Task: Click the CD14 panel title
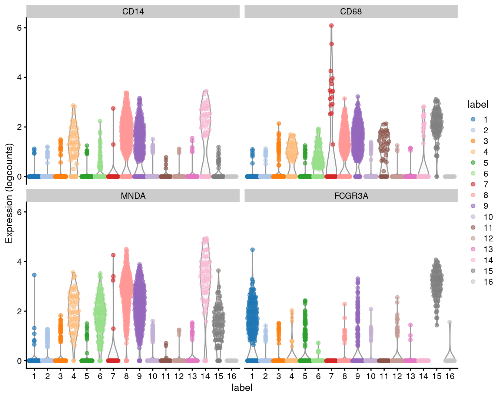pyautogui.click(x=133, y=12)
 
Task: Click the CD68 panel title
pyautogui.click(x=351, y=12)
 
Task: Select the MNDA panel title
pyautogui.click(x=133, y=196)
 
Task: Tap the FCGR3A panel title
pyautogui.click(x=351, y=196)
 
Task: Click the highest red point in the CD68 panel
pyautogui.click(x=331, y=26)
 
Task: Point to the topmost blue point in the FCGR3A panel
pyautogui.click(x=252, y=250)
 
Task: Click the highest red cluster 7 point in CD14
pyautogui.click(x=113, y=108)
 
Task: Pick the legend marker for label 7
pyautogui.click(x=473, y=184)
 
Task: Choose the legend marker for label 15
pyautogui.click(x=473, y=271)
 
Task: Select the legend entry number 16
pyautogui.click(x=488, y=282)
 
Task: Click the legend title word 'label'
pyautogui.click(x=478, y=105)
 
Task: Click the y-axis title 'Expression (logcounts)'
pyautogui.click(x=9, y=193)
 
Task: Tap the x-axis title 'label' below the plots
pyautogui.click(x=242, y=388)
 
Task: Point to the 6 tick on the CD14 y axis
pyautogui.click(x=21, y=28)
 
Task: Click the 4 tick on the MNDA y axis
pyautogui.click(x=21, y=261)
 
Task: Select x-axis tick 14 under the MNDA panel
pyautogui.click(x=205, y=377)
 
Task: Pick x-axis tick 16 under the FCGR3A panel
pyautogui.click(x=449, y=377)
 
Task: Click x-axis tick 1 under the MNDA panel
pyautogui.click(x=34, y=377)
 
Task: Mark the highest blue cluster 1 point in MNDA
pyautogui.click(x=34, y=275)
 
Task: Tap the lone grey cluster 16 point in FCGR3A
pyautogui.click(x=449, y=322)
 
